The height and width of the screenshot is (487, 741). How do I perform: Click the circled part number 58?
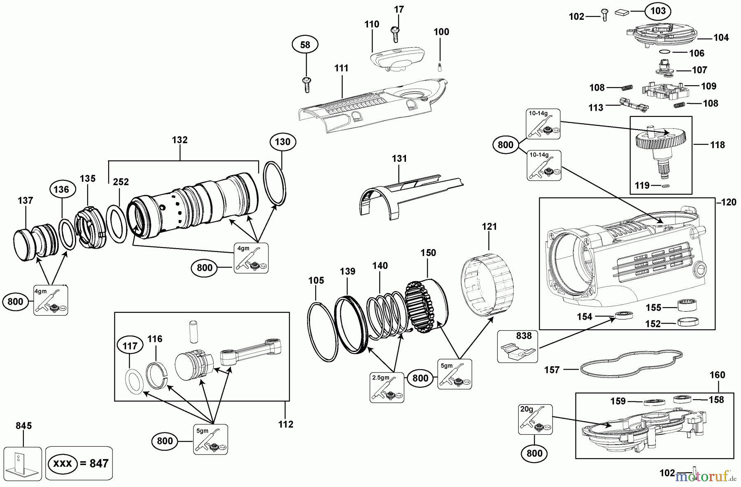pyautogui.click(x=305, y=44)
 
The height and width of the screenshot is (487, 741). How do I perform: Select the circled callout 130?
pyautogui.click(x=282, y=142)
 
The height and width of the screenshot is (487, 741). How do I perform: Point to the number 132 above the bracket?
pyautogui.click(x=180, y=140)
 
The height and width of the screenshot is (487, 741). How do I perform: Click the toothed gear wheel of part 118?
pyautogui.click(x=660, y=140)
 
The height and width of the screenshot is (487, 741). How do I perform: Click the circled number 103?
pyautogui.click(x=658, y=11)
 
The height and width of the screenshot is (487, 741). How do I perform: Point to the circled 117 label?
pyautogui.click(x=130, y=346)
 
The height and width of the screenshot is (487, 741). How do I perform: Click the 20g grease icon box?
pyautogui.click(x=535, y=419)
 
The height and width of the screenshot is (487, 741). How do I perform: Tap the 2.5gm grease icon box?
pyautogui.click(x=387, y=387)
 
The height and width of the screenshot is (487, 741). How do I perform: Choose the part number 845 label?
pyautogui.click(x=23, y=426)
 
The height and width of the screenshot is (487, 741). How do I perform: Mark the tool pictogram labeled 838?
pyautogui.click(x=517, y=347)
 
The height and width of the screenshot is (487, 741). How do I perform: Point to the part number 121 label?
pyautogui.click(x=489, y=226)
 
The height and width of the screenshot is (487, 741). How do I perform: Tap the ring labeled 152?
pyautogui.click(x=688, y=322)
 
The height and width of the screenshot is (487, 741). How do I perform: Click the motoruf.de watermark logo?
pyautogui.click(x=706, y=477)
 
